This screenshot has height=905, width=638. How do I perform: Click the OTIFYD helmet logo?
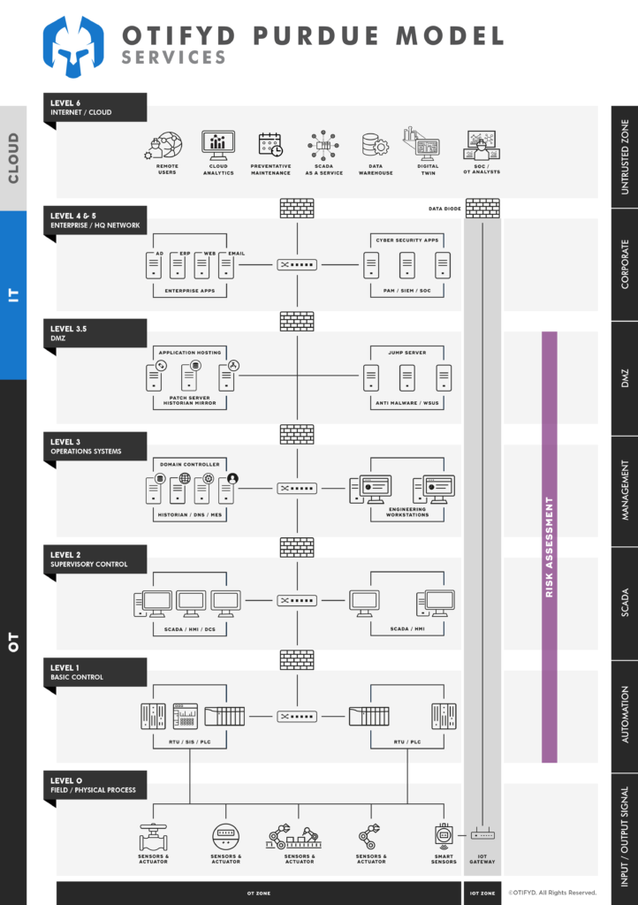[x=74, y=46]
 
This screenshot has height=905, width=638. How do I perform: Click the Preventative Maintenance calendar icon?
[x=270, y=144]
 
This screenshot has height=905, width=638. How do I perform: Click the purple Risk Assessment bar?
[x=549, y=546]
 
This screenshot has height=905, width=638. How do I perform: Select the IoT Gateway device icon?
[x=482, y=835]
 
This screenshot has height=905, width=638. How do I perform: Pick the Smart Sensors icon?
[x=444, y=835]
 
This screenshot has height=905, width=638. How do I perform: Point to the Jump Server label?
[x=406, y=353]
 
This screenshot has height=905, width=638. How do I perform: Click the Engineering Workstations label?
[x=406, y=512]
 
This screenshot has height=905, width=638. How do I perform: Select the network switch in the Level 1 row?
[x=296, y=716]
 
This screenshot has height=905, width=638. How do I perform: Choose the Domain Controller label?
[x=189, y=464]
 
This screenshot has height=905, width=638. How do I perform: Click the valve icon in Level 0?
[x=154, y=836]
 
